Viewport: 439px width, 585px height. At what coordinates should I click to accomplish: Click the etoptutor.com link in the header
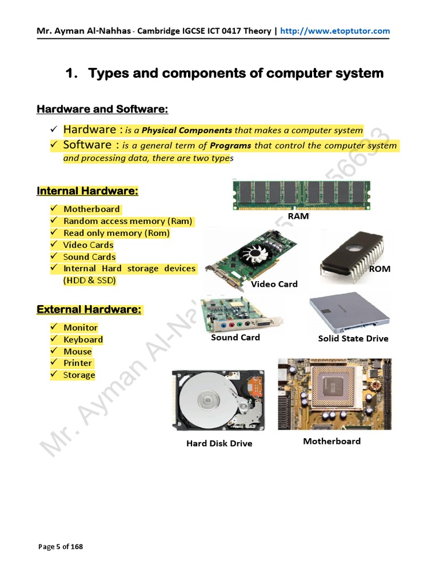tap(334, 31)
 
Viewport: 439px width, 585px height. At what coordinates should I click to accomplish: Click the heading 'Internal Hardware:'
tap(87, 191)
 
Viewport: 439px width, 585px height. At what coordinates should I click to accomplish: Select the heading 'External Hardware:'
tap(89, 310)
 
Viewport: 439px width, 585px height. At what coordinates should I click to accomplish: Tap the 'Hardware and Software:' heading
tap(102, 109)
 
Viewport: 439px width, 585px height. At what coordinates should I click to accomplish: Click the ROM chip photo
tap(349, 257)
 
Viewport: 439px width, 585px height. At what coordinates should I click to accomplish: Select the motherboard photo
tap(334, 394)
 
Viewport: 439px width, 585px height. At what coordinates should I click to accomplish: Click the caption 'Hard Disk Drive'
tap(219, 443)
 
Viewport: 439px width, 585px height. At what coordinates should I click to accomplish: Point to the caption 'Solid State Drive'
tap(353, 339)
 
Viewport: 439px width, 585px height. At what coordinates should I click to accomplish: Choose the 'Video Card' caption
tap(274, 284)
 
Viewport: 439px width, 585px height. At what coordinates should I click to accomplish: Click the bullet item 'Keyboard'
tap(83, 339)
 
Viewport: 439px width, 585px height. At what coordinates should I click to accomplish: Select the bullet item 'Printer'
tap(78, 363)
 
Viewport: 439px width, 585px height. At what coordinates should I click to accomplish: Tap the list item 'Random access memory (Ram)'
tap(127, 221)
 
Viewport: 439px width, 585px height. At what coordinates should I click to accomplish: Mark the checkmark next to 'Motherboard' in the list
tap(53, 209)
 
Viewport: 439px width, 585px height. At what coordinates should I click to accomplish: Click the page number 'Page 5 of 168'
tap(61, 547)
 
